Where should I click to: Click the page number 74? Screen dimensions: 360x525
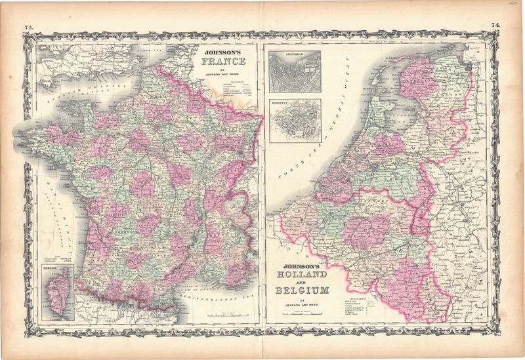tap(495, 26)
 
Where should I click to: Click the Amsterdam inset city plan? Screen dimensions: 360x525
tap(295, 71)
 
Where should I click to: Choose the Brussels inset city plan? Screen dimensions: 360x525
tap(295, 121)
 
